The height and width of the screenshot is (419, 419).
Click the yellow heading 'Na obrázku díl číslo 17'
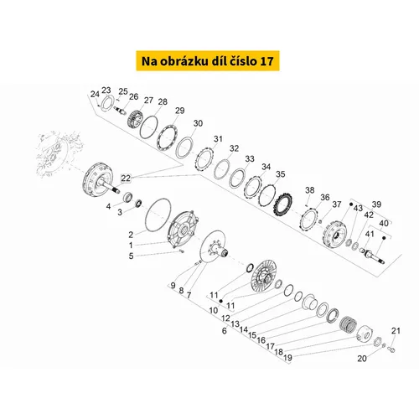tap(208, 61)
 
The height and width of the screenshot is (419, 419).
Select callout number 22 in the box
tap(126, 178)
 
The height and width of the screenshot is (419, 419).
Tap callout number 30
tap(198, 123)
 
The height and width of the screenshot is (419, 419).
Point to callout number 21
tap(396, 331)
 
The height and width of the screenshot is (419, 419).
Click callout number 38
tap(310, 190)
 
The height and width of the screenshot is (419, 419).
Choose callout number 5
tap(131, 256)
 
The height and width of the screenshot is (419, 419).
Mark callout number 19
tap(287, 357)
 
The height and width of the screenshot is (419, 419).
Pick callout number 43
tap(358, 208)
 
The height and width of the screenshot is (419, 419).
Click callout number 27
tap(148, 100)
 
